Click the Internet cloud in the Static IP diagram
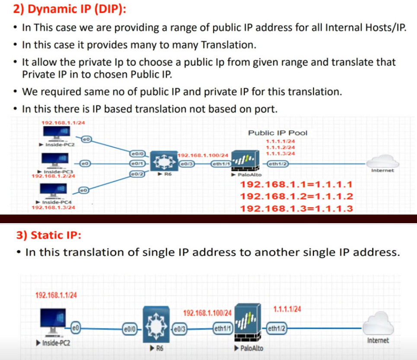[378, 324]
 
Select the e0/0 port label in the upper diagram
[137, 153]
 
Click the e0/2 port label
[137, 174]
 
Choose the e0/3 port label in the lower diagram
[179, 328]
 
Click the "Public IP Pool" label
[277, 133]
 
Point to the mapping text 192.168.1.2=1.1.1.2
[296, 197]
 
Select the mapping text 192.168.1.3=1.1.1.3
[296, 209]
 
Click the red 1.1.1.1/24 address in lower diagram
[287, 309]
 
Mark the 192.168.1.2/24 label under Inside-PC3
[54, 176]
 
